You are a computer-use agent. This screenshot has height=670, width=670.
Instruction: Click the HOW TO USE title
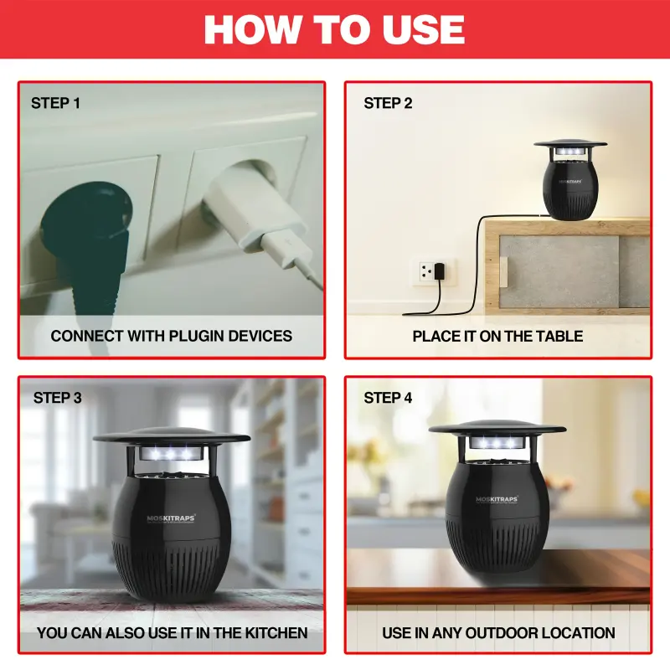pyautogui.click(x=334, y=30)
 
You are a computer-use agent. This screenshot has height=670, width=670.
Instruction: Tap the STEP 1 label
pyautogui.click(x=56, y=104)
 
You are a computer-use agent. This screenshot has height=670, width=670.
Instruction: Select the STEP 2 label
pyautogui.click(x=388, y=104)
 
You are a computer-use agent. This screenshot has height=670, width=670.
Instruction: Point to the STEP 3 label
pyautogui.click(x=58, y=398)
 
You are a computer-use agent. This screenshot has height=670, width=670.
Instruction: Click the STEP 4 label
pyautogui.click(x=388, y=398)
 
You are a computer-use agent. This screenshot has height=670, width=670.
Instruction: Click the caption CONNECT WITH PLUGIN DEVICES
pyautogui.click(x=172, y=336)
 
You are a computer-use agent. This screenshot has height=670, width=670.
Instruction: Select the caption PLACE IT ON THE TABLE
pyautogui.click(x=497, y=336)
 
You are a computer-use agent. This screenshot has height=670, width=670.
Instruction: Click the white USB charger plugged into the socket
pyautogui.click(x=251, y=214)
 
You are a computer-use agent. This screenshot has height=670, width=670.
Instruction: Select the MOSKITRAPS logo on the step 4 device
pyautogui.click(x=497, y=499)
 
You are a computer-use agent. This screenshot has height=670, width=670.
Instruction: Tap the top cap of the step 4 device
pyautogui.click(x=497, y=426)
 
